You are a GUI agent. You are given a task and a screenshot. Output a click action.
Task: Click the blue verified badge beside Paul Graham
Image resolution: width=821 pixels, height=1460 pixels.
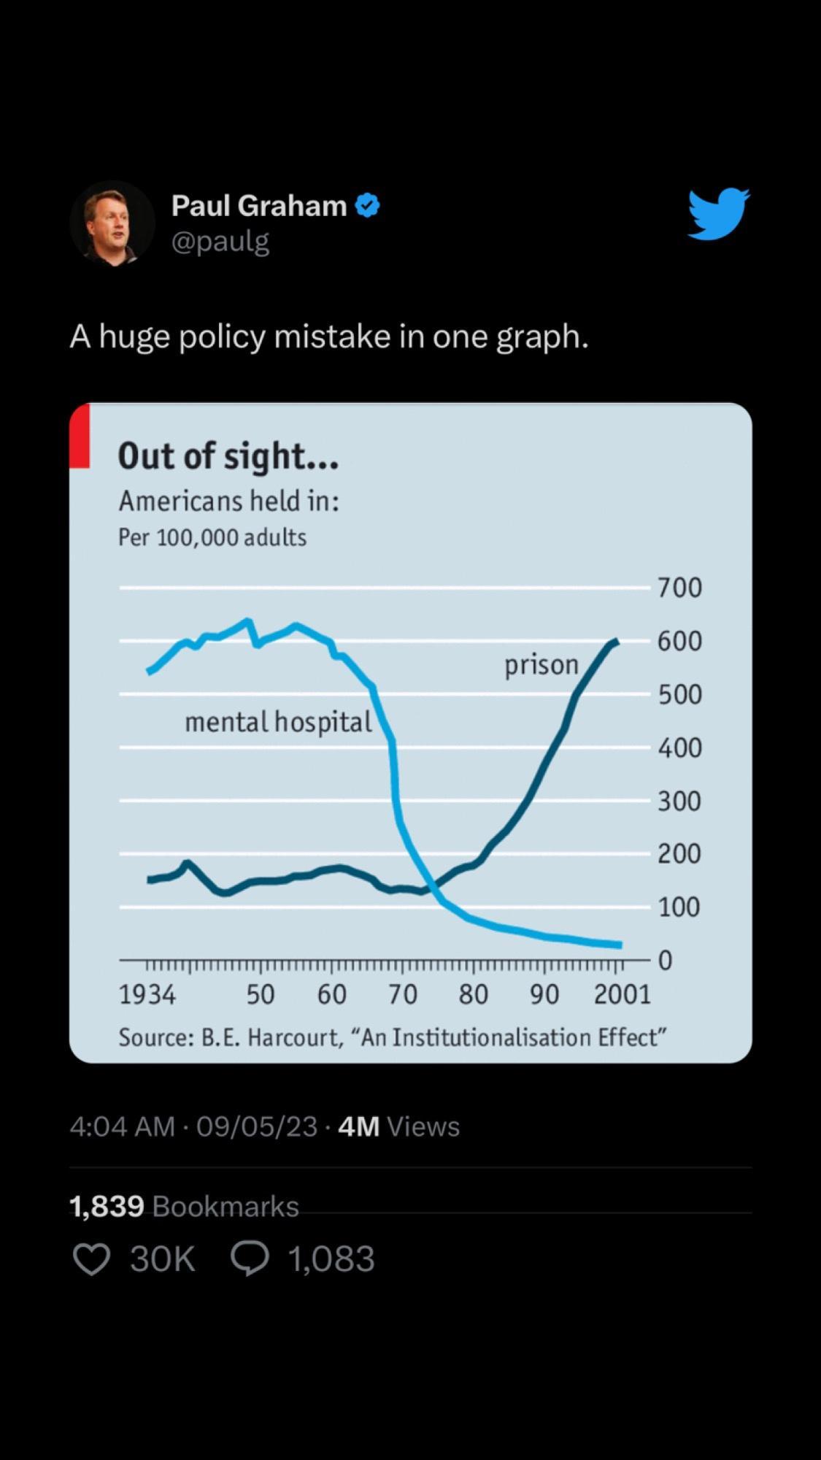click(x=367, y=206)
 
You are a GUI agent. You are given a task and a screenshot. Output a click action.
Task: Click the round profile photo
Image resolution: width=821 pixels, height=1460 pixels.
click(x=112, y=223)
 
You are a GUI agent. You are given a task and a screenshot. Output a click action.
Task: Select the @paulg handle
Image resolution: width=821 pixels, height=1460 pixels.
click(x=220, y=241)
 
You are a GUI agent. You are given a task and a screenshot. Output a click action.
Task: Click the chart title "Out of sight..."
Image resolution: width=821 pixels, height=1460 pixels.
click(x=228, y=456)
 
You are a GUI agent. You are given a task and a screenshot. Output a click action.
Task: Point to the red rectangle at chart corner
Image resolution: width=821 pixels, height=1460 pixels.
click(x=80, y=436)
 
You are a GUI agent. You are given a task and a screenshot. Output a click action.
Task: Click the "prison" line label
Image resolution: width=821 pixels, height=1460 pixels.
click(x=541, y=665)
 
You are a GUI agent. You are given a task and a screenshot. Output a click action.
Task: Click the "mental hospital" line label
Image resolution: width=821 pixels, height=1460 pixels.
click(x=278, y=722)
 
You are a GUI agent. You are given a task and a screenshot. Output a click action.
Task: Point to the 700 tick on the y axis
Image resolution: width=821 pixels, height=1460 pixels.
click(x=679, y=588)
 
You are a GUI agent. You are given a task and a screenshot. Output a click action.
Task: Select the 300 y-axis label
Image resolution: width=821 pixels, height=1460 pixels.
click(x=679, y=802)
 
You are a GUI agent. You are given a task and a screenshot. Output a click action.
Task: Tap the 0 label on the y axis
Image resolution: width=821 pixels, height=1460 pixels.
click(x=665, y=961)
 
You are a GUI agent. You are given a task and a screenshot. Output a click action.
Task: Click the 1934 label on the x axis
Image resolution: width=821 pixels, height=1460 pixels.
click(x=147, y=994)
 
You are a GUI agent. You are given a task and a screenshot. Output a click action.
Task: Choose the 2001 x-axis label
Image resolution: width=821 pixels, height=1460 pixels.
click(x=622, y=994)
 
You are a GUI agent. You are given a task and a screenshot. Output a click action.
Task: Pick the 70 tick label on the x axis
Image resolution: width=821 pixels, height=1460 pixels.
click(x=402, y=994)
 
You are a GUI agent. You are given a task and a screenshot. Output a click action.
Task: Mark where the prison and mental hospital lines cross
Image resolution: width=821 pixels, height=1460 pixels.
click(x=432, y=885)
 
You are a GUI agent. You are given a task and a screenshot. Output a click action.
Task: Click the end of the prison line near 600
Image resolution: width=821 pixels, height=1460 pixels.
click(x=617, y=642)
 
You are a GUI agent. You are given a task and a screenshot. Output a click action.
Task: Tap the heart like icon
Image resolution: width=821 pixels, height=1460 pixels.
click(x=92, y=1259)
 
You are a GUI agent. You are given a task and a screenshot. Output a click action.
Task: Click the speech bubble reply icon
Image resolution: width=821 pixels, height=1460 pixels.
click(x=250, y=1259)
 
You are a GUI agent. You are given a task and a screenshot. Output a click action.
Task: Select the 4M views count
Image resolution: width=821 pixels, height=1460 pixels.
click(x=358, y=1126)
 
